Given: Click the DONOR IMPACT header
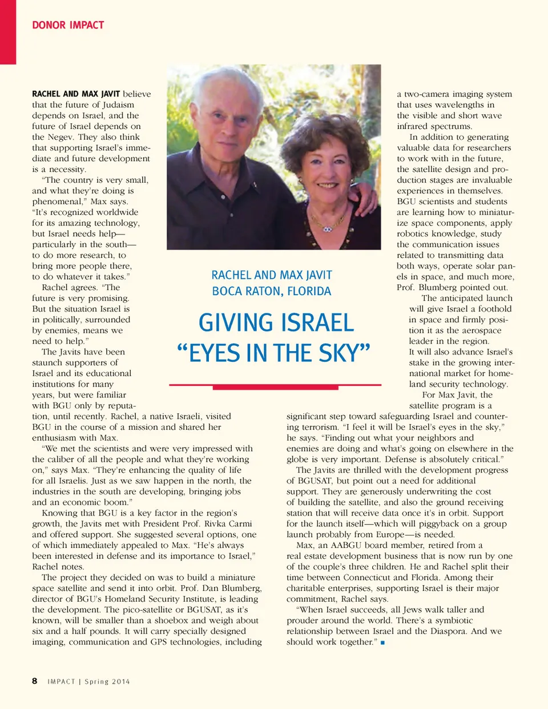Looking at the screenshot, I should pyautogui.click(x=68, y=25).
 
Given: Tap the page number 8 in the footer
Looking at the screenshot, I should pyautogui.click(x=35, y=681).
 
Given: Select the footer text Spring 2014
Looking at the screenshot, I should pyautogui.click(x=107, y=682).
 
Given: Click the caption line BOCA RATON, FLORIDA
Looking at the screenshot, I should pyautogui.click(x=271, y=291).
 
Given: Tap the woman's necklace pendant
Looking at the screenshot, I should pyautogui.click(x=327, y=228).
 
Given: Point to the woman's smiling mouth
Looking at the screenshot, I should pyautogui.click(x=327, y=185).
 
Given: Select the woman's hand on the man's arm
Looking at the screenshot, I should pyautogui.click(x=369, y=197).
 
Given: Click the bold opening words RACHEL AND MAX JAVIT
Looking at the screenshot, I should pyautogui.click(x=76, y=94).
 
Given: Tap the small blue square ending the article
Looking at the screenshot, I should pyautogui.click(x=382, y=643).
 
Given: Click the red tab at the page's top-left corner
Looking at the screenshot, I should pyautogui.click(x=8, y=32).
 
